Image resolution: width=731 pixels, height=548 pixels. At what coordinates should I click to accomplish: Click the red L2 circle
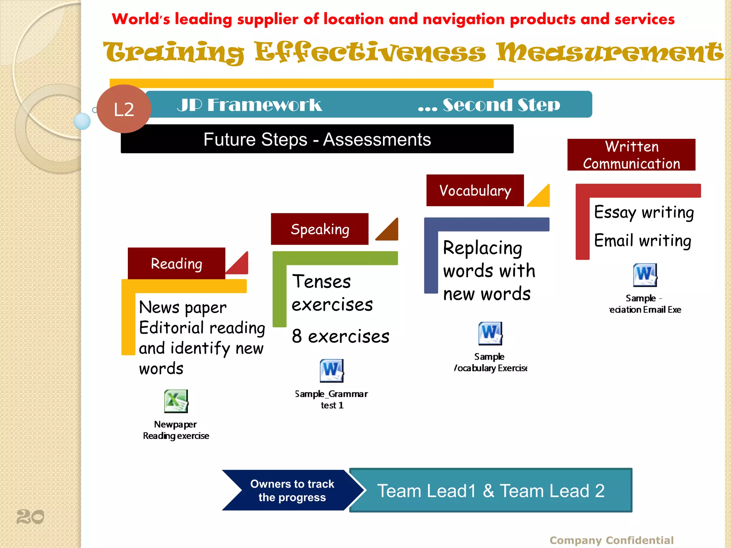(123, 109)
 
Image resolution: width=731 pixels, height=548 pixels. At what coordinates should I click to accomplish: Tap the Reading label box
(176, 263)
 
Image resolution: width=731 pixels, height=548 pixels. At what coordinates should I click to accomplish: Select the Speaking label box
(319, 229)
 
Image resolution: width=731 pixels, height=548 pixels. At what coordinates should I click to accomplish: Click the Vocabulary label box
(475, 191)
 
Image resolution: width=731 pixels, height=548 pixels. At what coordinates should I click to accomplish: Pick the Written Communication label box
(631, 155)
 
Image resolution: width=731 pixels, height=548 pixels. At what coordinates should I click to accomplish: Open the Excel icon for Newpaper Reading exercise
(176, 401)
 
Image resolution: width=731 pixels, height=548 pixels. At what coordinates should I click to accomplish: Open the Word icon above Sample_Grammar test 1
(332, 371)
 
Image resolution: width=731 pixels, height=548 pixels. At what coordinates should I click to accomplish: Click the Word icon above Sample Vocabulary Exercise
(490, 333)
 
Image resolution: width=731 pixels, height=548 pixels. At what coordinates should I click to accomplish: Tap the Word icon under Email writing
(645, 275)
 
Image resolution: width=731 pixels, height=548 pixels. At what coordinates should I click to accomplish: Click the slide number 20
(30, 517)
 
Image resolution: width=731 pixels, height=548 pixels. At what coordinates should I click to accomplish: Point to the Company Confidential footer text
(611, 540)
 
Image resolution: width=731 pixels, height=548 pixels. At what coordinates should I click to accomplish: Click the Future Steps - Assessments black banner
(317, 139)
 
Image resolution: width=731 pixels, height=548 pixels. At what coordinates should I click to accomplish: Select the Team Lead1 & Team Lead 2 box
(491, 491)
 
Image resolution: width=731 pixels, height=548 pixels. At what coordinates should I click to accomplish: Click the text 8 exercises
(340, 336)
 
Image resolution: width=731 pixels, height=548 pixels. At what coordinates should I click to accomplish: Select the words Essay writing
(644, 212)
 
